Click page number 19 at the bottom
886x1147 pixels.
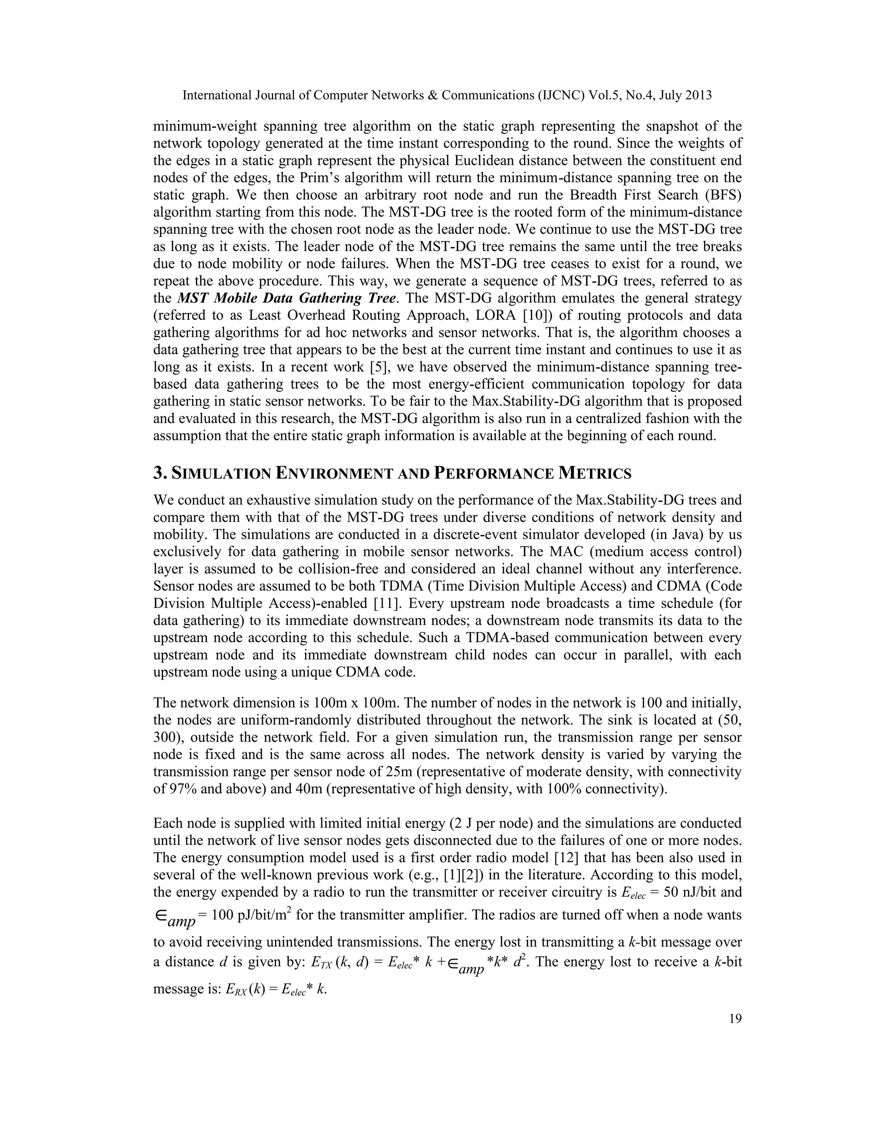coord(735,1034)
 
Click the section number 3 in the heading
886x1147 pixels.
coord(158,473)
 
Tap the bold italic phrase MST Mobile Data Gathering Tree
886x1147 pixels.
coord(286,298)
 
